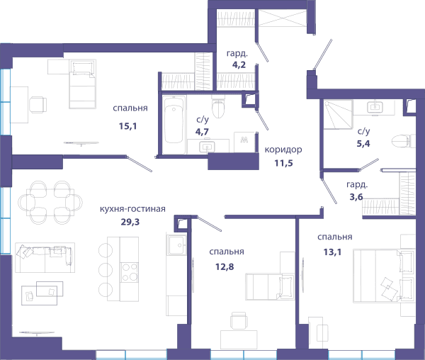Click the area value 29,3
tap(130, 222)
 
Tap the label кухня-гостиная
tap(132, 209)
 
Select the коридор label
tap(283, 150)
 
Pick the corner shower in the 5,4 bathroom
tap(339, 114)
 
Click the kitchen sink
tap(176, 245)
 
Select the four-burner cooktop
tap(130, 272)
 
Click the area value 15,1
tap(127, 126)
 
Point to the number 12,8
tap(225, 267)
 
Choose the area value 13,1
tap(332, 252)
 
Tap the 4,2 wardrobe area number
tap(239, 64)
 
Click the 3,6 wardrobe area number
tap(356, 196)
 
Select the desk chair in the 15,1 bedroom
tap(38, 105)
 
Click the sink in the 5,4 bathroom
tap(375, 107)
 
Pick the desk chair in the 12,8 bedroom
tap(239, 321)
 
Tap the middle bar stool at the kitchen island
tap(106, 270)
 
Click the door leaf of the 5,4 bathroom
tap(369, 164)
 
